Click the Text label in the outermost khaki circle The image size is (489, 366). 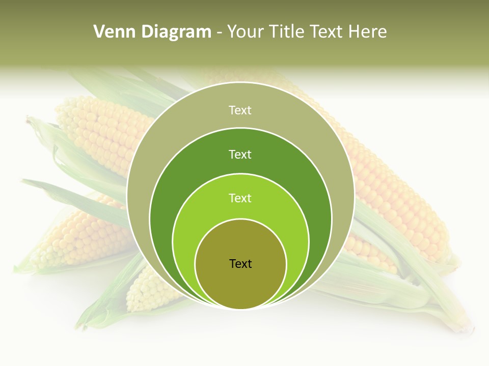coord(240,110)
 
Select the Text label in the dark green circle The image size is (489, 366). coord(240,155)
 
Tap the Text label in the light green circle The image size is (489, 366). coord(240,198)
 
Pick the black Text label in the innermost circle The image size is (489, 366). coord(240,264)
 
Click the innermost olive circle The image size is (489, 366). coord(240,285)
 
